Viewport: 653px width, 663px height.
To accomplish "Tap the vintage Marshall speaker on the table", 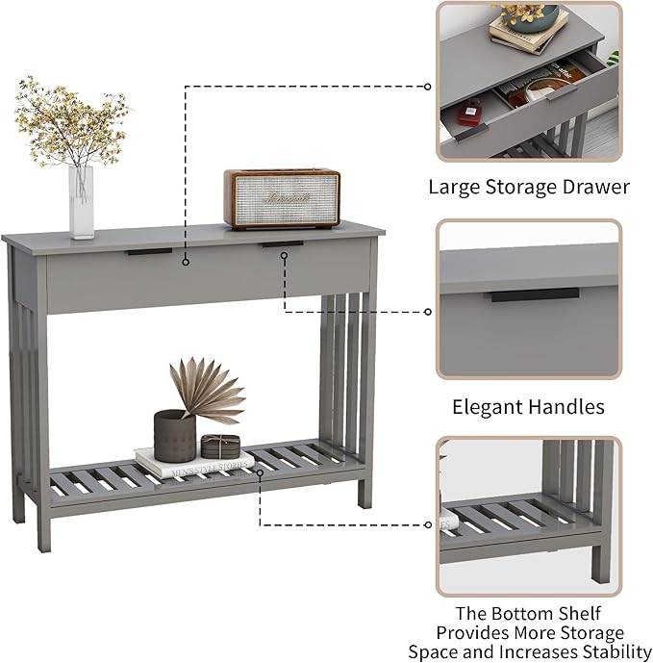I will click(x=282, y=199).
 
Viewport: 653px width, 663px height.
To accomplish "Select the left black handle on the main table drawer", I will click(x=147, y=251).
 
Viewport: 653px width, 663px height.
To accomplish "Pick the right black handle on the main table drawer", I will click(x=282, y=244).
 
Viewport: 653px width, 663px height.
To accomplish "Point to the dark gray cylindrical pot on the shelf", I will click(x=174, y=431).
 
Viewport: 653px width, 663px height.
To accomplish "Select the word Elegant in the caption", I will click(x=488, y=407).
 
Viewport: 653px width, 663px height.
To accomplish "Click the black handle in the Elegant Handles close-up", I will click(x=535, y=294).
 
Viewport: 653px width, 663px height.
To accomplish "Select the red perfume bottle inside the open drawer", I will click(x=468, y=115).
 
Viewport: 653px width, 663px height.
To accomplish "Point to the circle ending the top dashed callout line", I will click(x=428, y=87).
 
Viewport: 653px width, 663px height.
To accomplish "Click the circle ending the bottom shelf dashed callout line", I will click(x=428, y=524).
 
